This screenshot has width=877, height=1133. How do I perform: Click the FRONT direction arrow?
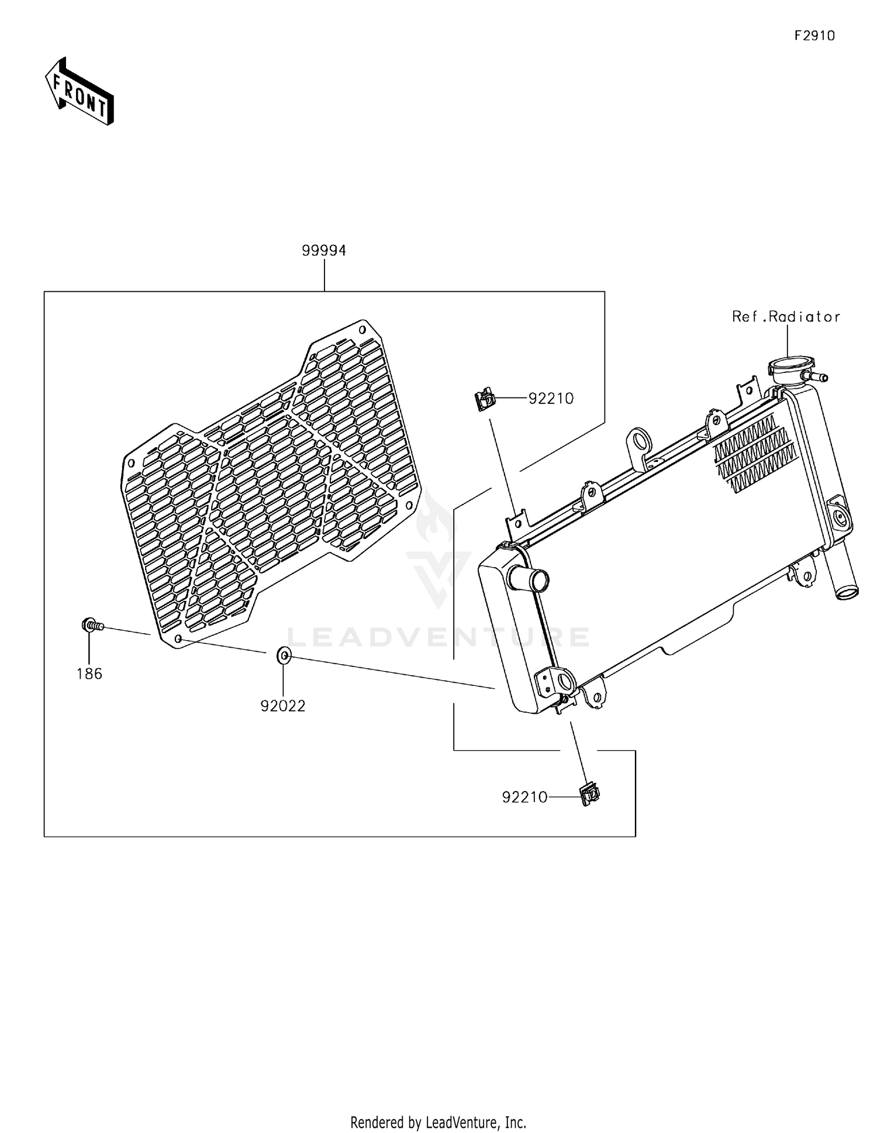(x=80, y=92)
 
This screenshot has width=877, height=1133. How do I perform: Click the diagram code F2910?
(x=814, y=36)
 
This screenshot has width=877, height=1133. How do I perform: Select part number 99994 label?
(x=324, y=250)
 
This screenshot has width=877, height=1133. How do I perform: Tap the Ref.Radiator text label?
(x=786, y=316)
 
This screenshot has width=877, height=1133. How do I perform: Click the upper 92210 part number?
(x=551, y=398)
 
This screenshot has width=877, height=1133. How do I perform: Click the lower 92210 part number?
(x=524, y=797)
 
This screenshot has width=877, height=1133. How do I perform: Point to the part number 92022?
(x=283, y=706)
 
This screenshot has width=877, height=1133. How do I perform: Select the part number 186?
(x=89, y=673)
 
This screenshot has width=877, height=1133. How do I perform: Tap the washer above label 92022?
(x=284, y=656)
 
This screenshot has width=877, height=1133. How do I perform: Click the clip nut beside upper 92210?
(x=484, y=401)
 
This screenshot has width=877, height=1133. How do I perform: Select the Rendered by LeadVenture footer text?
(x=438, y=1122)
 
